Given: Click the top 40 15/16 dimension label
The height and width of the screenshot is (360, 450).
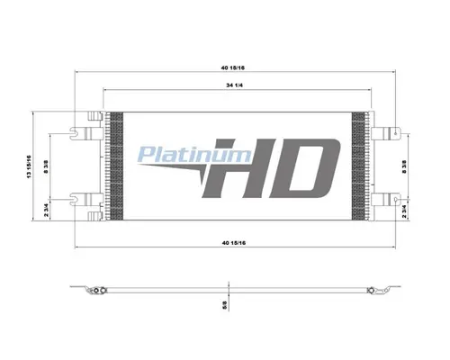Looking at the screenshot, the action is [233, 67].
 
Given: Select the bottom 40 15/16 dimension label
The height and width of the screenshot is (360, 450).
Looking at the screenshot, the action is [234, 243].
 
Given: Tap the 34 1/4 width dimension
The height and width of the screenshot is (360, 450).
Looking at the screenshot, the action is [234, 85].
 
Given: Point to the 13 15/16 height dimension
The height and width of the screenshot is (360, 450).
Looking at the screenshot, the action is [29, 166].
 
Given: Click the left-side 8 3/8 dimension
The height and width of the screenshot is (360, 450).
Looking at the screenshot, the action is [46, 167].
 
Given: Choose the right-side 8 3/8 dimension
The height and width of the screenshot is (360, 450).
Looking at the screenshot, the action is [404, 167].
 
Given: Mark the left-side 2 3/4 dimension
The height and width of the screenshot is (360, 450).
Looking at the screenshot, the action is [46, 210].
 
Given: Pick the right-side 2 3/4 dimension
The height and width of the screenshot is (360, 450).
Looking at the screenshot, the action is [404, 211].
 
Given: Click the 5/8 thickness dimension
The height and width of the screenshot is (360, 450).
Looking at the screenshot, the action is [225, 306].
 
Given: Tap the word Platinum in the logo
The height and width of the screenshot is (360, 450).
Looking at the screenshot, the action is [194, 155].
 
